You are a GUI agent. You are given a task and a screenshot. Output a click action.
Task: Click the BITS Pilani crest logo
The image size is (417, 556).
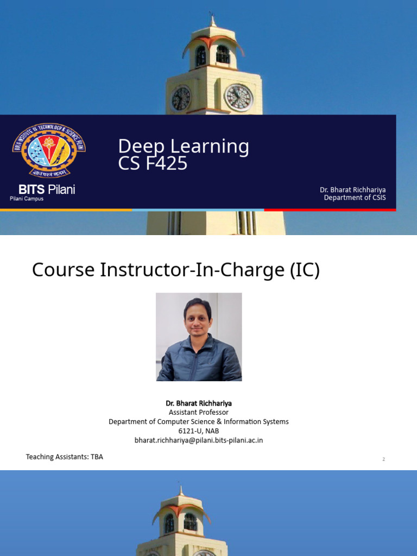(x=49, y=150)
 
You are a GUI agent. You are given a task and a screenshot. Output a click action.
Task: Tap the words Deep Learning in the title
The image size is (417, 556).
(x=184, y=146)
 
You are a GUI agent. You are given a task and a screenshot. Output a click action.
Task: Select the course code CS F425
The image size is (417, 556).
(x=153, y=163)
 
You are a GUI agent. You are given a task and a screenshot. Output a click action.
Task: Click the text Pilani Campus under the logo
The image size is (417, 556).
(x=27, y=199)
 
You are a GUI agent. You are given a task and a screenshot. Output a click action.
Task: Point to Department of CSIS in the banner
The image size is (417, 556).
(x=355, y=198)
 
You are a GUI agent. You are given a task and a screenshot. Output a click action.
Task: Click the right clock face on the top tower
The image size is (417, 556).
(x=239, y=98)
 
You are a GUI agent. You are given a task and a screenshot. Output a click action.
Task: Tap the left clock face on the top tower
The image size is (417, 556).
(x=181, y=99)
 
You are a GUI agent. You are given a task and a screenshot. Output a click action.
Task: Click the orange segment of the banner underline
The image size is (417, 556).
(x=66, y=210)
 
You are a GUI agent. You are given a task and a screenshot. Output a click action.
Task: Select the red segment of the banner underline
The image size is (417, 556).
(x=330, y=210)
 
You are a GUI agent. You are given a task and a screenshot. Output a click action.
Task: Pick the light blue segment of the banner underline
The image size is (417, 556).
(x=198, y=210)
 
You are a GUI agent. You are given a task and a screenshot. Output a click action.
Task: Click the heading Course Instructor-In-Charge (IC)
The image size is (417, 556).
(x=176, y=270)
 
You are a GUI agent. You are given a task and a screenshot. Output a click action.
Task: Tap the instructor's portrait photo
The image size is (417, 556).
(x=199, y=337)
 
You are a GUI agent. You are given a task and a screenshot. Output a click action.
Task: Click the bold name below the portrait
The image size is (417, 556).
(x=199, y=403)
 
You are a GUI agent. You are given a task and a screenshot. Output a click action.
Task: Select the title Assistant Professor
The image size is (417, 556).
(x=199, y=413)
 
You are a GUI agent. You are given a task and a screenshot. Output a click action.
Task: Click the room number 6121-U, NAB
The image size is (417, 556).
(x=199, y=431)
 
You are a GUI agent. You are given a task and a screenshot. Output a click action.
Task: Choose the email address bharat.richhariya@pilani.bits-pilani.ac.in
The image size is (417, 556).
(x=199, y=440)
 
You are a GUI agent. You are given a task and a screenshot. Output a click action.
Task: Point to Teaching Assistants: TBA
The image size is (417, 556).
(x=65, y=457)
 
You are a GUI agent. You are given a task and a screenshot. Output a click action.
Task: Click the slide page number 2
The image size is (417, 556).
(x=383, y=459)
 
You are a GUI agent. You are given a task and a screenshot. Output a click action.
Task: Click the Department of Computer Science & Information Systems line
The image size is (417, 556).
(x=199, y=421)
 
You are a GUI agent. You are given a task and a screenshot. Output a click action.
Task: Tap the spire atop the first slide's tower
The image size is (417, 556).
(x=212, y=20)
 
